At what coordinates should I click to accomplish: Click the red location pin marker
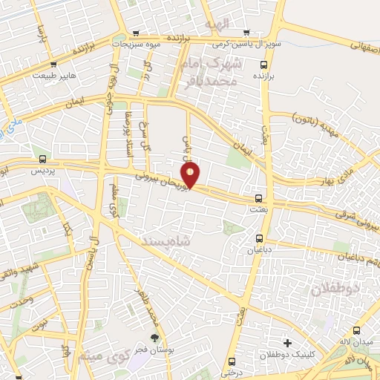click(191, 175)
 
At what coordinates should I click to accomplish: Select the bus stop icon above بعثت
click(259, 198)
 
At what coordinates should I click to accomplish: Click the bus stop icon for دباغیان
click(259, 238)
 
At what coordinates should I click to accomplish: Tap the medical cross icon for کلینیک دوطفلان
click(287, 343)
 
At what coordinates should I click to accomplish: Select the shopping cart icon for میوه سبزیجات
click(136, 33)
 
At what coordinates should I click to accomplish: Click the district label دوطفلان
click(335, 286)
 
